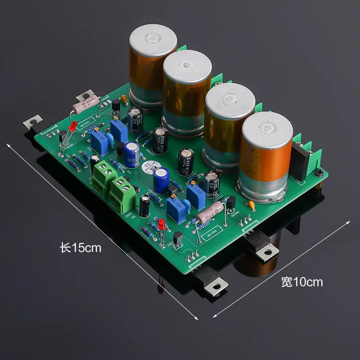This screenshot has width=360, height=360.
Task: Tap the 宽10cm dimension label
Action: tap(302, 282)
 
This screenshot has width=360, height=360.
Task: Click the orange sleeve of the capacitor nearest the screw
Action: tap(265, 162)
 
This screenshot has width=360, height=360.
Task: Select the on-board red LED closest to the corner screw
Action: tap(160, 224)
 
